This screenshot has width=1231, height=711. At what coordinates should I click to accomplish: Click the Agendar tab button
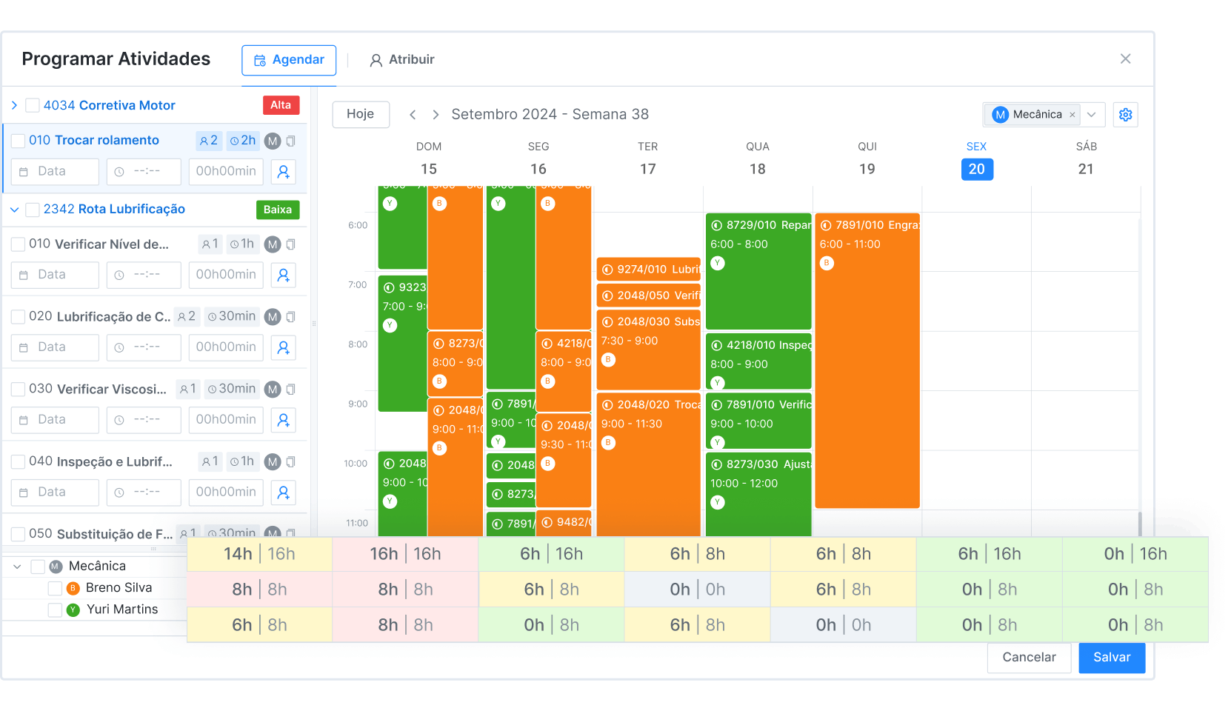point(289,60)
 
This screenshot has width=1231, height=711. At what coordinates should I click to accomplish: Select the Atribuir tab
point(402,60)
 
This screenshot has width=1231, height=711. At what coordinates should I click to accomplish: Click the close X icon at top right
point(1125,59)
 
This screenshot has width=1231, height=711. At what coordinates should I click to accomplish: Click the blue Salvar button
point(1111,657)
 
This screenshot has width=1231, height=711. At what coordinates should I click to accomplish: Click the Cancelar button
point(1028,657)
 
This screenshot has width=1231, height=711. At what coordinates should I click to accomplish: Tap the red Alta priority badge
point(281,105)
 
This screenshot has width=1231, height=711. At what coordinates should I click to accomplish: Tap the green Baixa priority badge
point(278,210)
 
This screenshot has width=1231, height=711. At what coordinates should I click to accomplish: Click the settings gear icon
point(1125,115)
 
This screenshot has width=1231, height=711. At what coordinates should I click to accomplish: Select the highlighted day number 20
point(976,169)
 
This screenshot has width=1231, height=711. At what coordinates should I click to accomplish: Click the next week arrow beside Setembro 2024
point(436,115)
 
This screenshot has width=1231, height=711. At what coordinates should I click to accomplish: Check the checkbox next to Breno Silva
point(54,588)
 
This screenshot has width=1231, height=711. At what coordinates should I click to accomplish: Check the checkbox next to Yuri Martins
point(54,610)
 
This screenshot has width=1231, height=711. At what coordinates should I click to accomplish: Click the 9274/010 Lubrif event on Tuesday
point(648,269)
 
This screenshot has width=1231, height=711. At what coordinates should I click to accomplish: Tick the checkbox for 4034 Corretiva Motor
point(33,106)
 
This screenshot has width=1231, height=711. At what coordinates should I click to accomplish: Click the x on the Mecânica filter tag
point(1072,115)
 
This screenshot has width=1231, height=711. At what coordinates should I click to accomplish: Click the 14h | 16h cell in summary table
point(259,554)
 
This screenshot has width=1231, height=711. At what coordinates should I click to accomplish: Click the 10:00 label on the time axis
point(356,464)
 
